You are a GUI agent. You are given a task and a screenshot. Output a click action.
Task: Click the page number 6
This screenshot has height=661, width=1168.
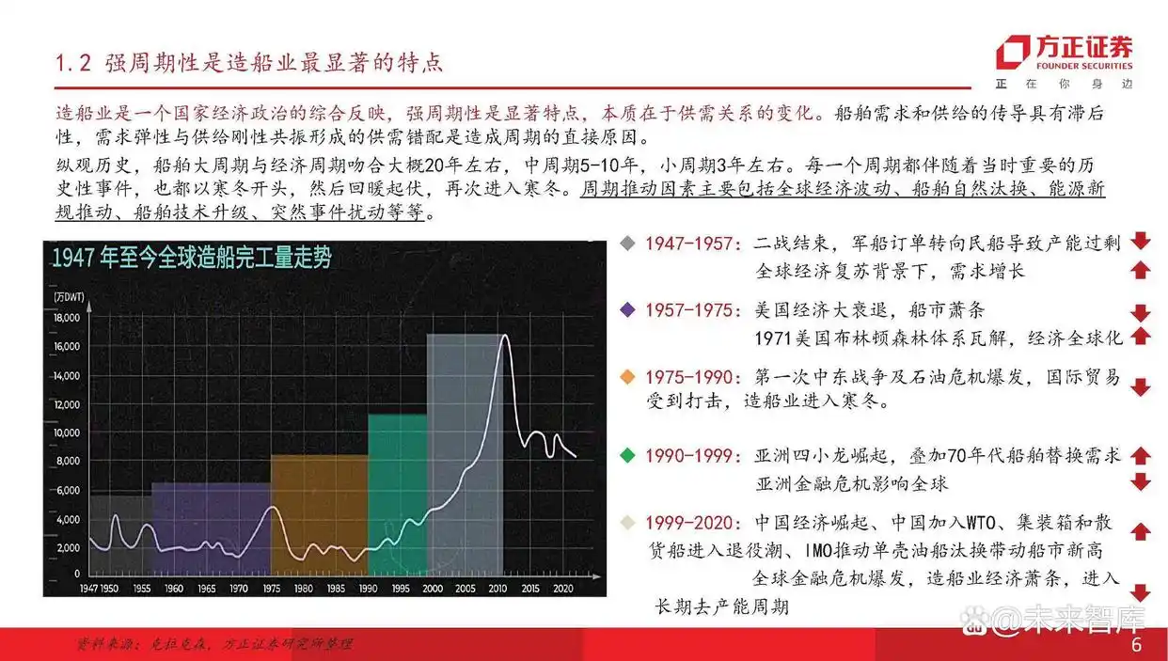point(1136,646)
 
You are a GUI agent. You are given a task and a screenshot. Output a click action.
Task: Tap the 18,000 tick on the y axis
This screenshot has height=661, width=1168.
point(67,319)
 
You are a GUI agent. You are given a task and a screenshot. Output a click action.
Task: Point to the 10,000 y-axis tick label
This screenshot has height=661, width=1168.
point(67,433)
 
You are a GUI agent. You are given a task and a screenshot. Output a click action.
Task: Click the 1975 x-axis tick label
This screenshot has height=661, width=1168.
point(271,588)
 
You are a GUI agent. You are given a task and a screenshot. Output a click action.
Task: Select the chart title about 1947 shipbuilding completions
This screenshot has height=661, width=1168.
point(192,260)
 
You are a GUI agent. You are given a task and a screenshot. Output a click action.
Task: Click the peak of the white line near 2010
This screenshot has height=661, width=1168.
point(505,336)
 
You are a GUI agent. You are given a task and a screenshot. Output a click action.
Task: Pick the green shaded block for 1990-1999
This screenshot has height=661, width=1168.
point(397,494)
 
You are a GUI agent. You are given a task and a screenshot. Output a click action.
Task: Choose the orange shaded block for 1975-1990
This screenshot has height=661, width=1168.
point(319,512)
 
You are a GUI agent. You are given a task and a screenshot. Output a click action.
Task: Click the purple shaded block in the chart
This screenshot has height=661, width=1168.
point(211,527)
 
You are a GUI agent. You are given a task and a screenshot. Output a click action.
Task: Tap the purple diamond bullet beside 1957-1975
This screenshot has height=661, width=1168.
point(628,309)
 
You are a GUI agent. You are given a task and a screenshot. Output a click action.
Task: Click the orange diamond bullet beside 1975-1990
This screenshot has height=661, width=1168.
point(628,377)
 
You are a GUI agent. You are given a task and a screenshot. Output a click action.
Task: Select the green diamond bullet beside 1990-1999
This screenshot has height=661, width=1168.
point(628,456)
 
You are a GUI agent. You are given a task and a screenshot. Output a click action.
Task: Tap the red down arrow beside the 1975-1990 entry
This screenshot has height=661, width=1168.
point(1141,387)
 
